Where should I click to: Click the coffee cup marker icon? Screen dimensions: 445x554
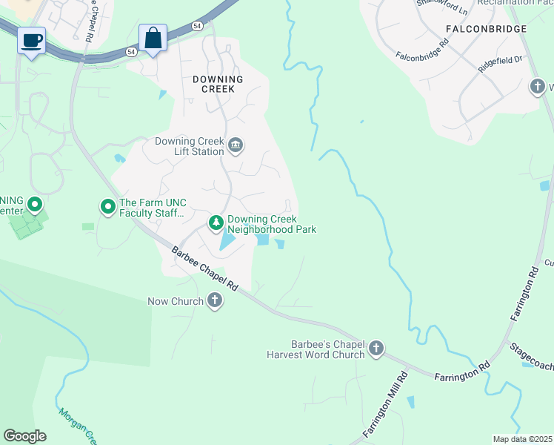(x=31, y=40)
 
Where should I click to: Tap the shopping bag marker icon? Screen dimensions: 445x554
(x=153, y=38)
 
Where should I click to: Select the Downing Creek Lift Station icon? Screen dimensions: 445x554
(x=236, y=144)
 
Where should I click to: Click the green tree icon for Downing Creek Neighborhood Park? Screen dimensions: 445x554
(x=216, y=222)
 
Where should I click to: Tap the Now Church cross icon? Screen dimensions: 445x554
(x=215, y=300)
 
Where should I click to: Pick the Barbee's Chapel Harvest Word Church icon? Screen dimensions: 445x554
(x=376, y=348)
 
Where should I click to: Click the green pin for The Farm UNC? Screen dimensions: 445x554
(x=107, y=205)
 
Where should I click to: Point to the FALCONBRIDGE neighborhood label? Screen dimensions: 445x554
(x=487, y=29)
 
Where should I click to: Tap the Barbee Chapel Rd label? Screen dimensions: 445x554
(x=204, y=268)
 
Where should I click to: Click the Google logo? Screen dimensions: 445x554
(x=24, y=436)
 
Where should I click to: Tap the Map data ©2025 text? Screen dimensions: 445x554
(x=522, y=439)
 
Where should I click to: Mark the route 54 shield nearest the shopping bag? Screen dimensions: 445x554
(x=130, y=52)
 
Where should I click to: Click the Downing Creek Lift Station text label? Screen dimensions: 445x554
(x=189, y=146)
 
